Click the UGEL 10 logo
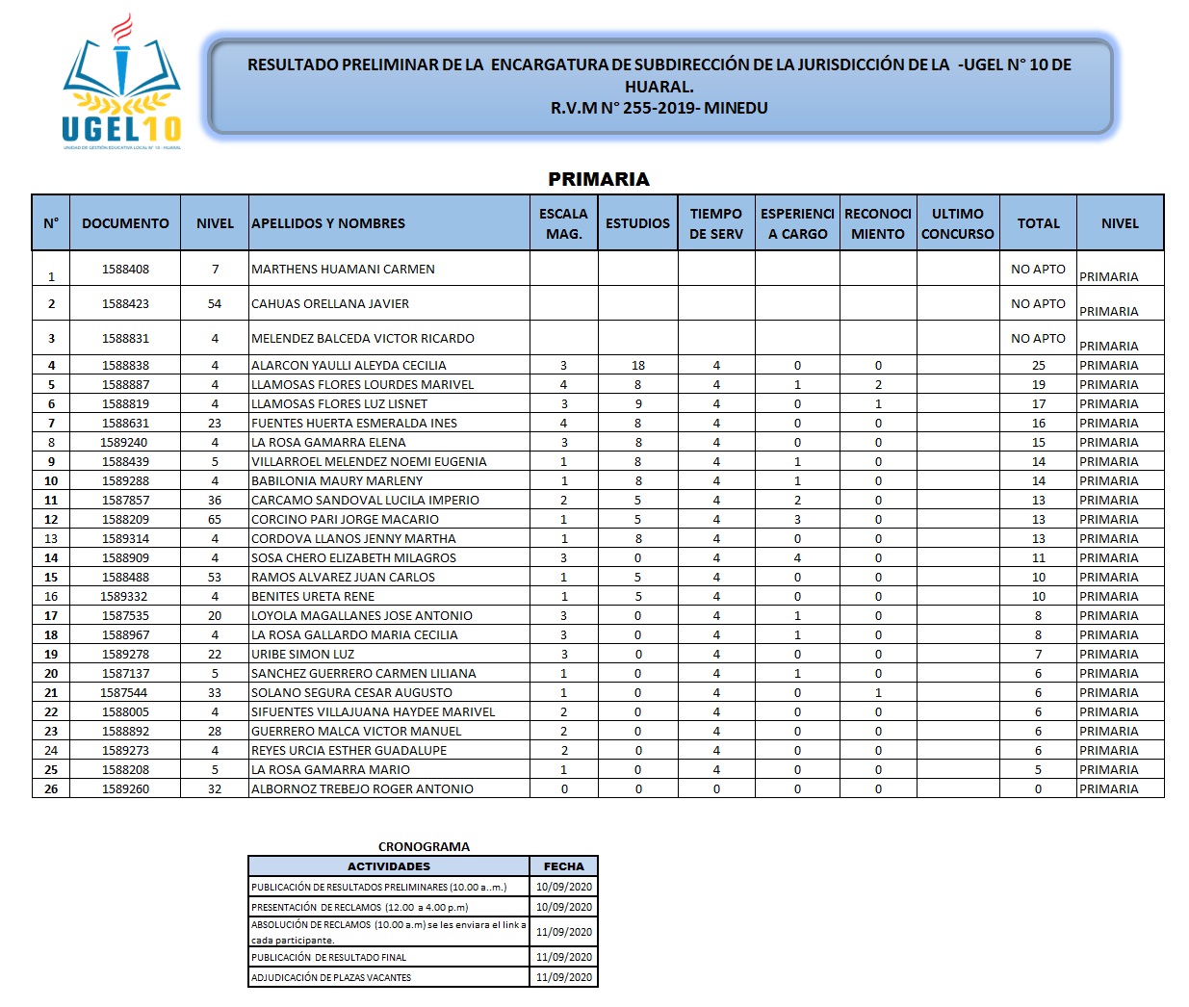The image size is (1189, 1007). pos(121,85)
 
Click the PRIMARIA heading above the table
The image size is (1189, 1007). pos(598,179)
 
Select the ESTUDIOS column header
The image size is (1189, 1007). pos(637,223)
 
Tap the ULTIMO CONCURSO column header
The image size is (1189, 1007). pos(957,223)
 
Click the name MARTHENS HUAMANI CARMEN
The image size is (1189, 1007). pos(343,270)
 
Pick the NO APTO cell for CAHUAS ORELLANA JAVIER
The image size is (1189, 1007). pos(1038,304)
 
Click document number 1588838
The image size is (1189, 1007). pos(125,366)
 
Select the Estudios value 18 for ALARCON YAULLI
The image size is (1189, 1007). pos(638,366)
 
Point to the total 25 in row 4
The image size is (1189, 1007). pos(1038,366)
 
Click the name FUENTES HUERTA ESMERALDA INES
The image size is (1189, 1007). pos(354,424)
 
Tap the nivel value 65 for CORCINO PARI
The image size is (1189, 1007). pos(215,520)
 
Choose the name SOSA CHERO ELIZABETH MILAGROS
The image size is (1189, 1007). pos(353,558)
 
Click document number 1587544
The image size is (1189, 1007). pos(124,693)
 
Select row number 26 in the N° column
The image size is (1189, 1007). pos(51,789)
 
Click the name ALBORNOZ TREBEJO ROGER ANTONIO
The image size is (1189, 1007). pos(362,789)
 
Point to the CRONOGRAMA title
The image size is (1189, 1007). pos(424,847)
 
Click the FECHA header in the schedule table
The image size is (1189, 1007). pos(564,866)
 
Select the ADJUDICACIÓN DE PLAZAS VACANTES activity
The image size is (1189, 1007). pos(331,978)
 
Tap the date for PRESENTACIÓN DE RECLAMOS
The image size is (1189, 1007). pos(564,907)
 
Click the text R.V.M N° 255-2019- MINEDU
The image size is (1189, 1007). pos(659,108)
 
